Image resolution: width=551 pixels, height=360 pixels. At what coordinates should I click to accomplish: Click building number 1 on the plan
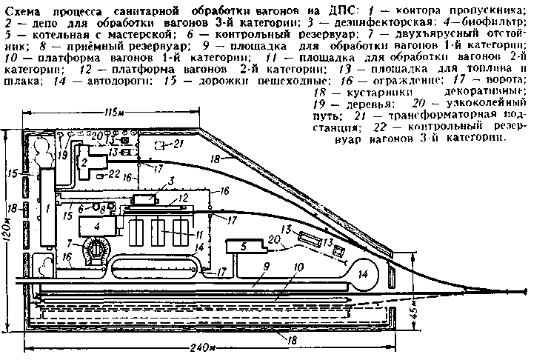48,209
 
